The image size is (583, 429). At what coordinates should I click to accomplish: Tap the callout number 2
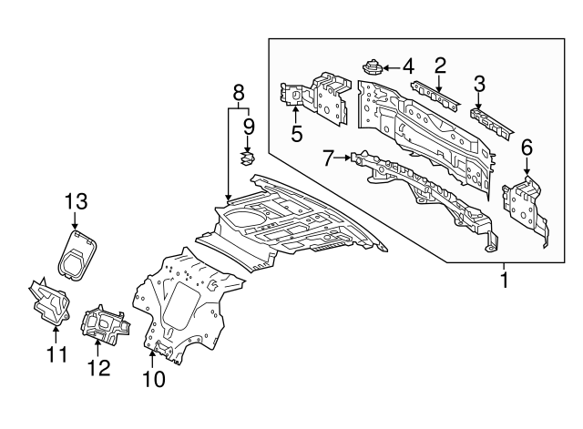[440, 65]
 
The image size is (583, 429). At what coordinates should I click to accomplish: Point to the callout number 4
[407, 66]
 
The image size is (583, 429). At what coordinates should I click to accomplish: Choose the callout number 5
[296, 134]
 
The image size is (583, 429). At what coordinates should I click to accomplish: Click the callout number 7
[329, 158]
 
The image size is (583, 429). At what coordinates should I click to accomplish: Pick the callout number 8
[239, 92]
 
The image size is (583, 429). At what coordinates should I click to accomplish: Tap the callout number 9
[247, 126]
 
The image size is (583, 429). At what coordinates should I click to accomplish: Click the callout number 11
[56, 353]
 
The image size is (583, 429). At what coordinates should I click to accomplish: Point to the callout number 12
[98, 368]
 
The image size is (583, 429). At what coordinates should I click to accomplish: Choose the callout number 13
[75, 202]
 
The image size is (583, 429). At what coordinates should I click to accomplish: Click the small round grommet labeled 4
[373, 66]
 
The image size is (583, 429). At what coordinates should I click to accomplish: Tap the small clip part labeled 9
[246, 158]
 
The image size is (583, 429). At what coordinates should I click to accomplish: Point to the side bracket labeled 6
[526, 205]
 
